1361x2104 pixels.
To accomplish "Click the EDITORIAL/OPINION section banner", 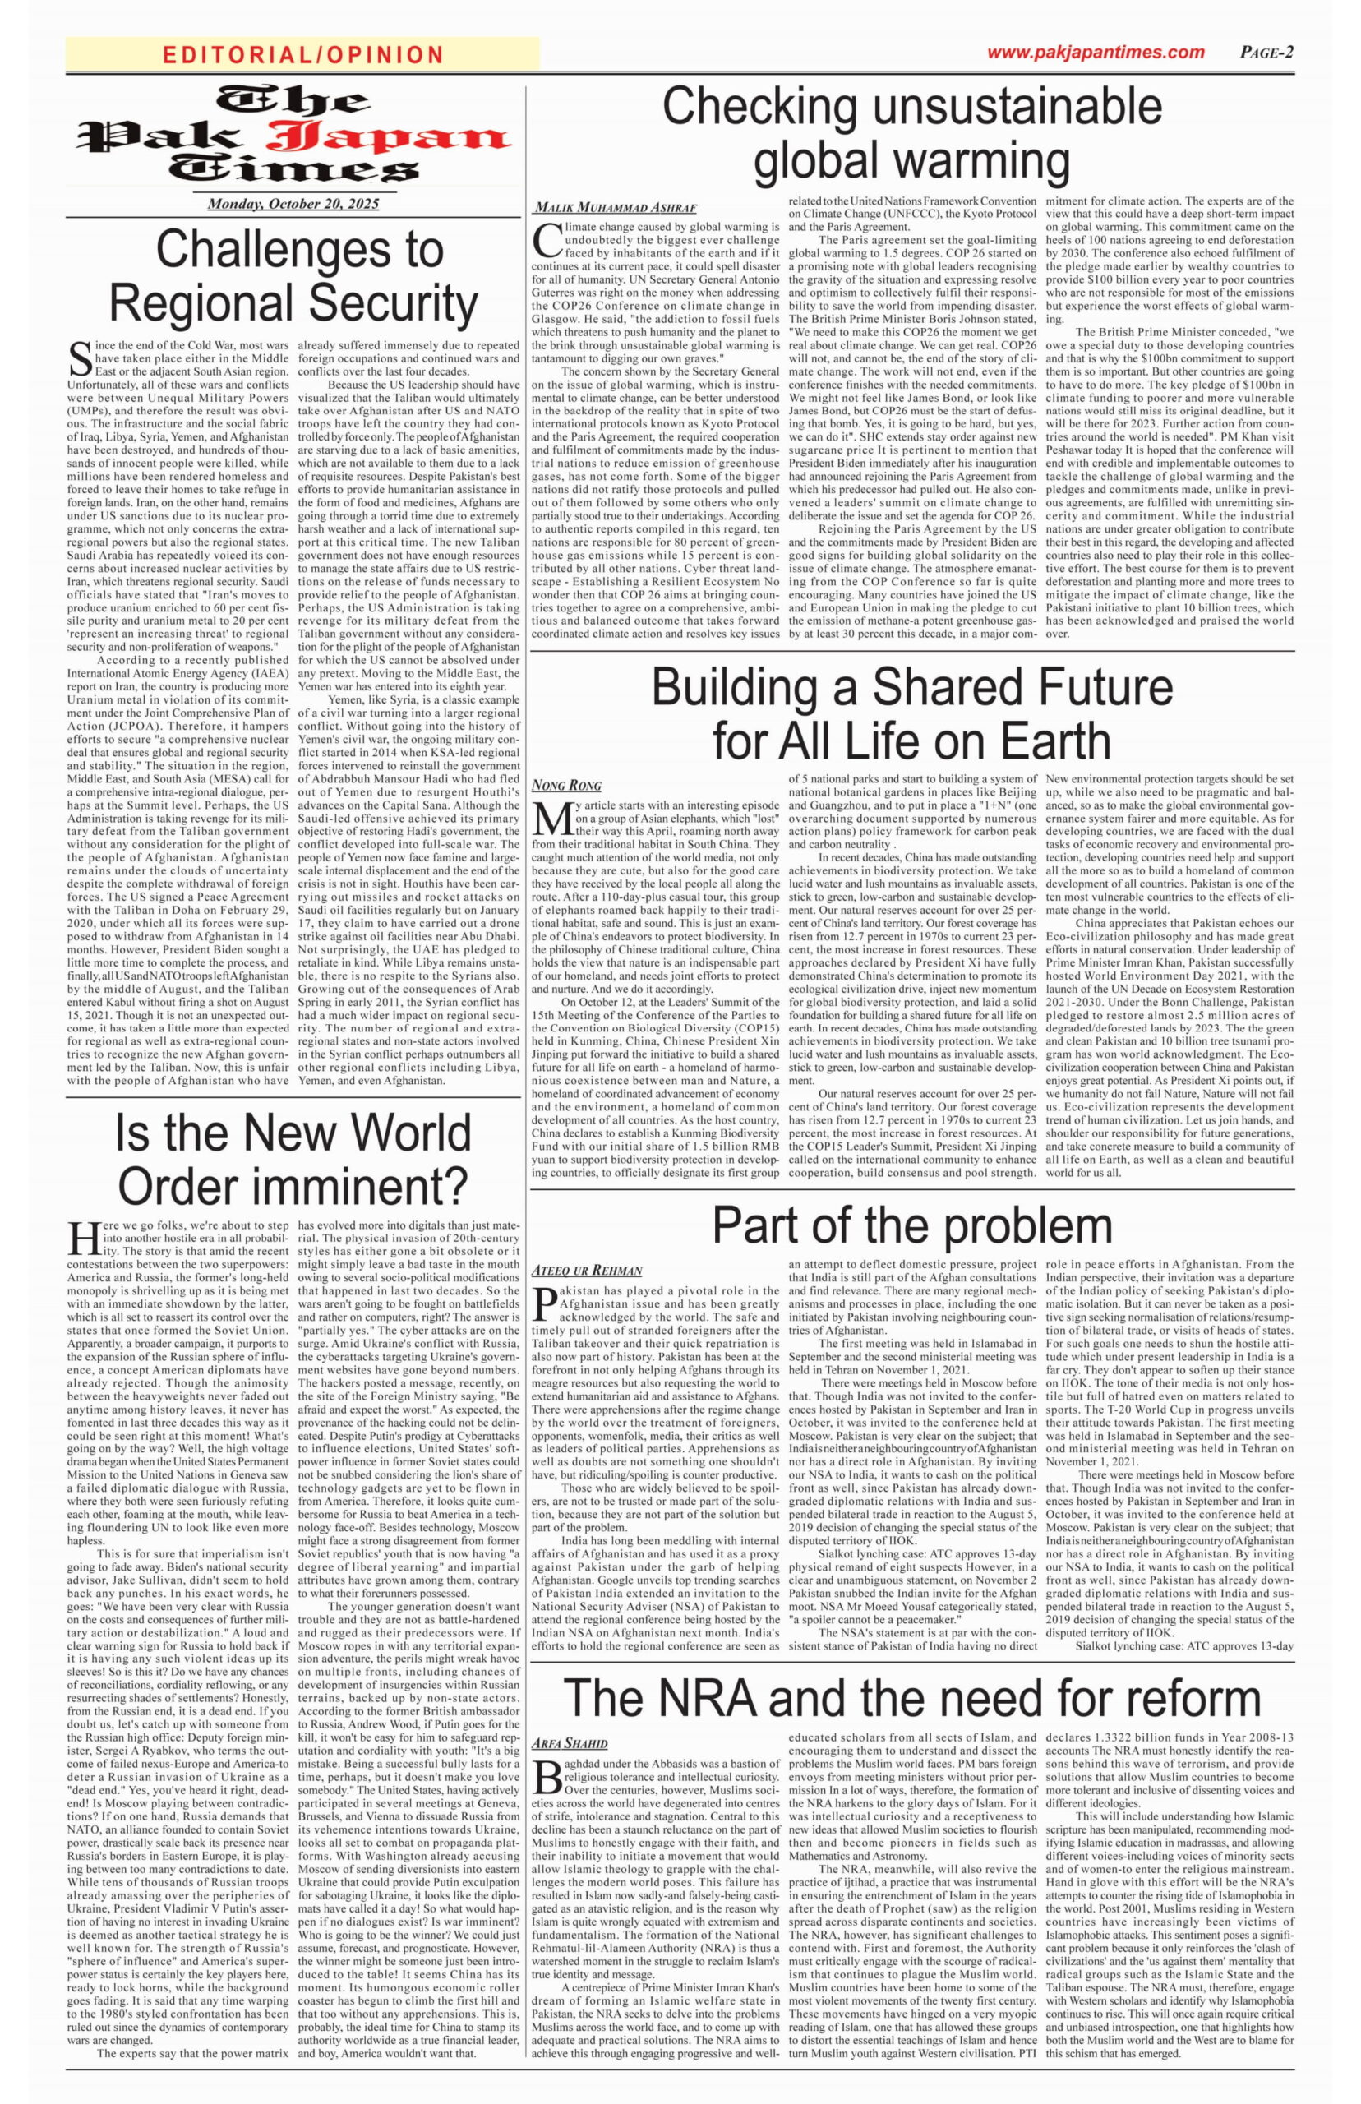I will tap(302, 55).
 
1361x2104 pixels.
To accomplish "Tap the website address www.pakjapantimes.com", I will tap(1096, 52).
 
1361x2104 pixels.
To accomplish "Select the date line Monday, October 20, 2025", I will tap(293, 204).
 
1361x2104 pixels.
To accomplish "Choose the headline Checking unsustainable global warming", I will tap(912, 133).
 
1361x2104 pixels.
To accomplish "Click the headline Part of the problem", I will tap(912, 1225).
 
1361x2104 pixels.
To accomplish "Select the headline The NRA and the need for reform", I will tap(912, 1696).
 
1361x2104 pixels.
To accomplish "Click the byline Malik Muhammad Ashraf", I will tap(614, 209).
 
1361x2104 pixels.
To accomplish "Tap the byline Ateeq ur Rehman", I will tap(587, 1271).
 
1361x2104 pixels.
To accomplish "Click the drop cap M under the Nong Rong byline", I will tap(550, 819).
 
